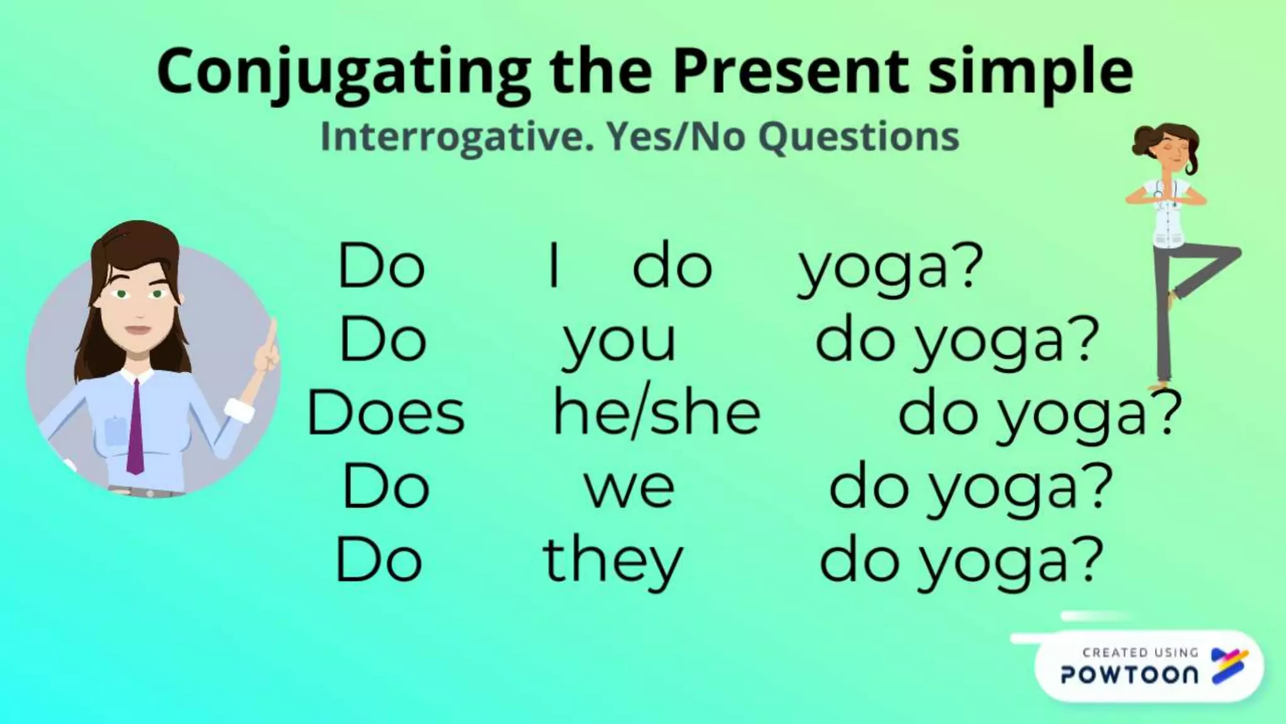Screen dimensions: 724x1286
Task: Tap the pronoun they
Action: point(612,561)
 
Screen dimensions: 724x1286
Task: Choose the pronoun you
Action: point(619,343)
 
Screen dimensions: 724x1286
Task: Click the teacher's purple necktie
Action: point(134,427)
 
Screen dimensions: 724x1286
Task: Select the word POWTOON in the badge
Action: point(1129,675)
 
